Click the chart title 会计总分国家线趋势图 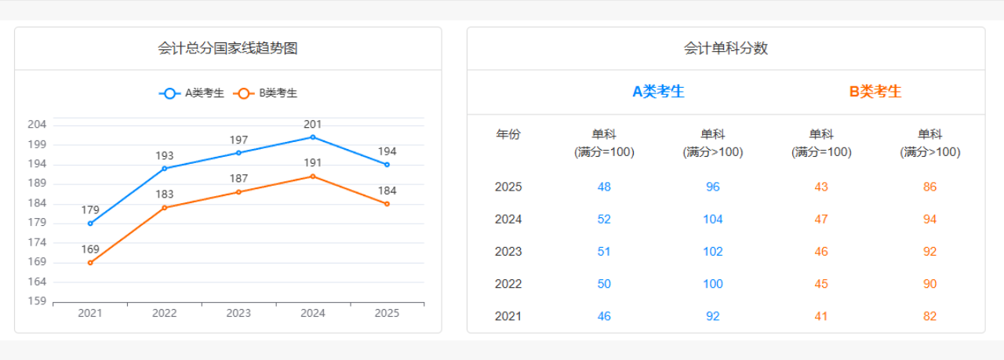(x=227, y=49)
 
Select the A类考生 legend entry (x=192, y=93)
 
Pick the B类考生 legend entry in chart (x=267, y=93)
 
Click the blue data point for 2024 (x=313, y=137)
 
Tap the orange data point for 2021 (x=90, y=263)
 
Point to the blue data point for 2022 (x=165, y=169)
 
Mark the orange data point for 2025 (x=387, y=204)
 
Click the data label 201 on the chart (x=313, y=124)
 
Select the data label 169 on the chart (x=90, y=249)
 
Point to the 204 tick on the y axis (x=38, y=125)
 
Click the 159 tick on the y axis (x=38, y=301)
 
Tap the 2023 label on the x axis (x=238, y=314)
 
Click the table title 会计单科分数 (x=726, y=49)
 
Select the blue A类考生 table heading (x=658, y=92)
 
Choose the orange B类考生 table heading (x=875, y=92)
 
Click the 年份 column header (x=508, y=135)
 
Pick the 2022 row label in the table (x=508, y=284)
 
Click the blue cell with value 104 (x=712, y=220)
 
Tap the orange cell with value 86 (x=929, y=187)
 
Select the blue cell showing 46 (x=604, y=317)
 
